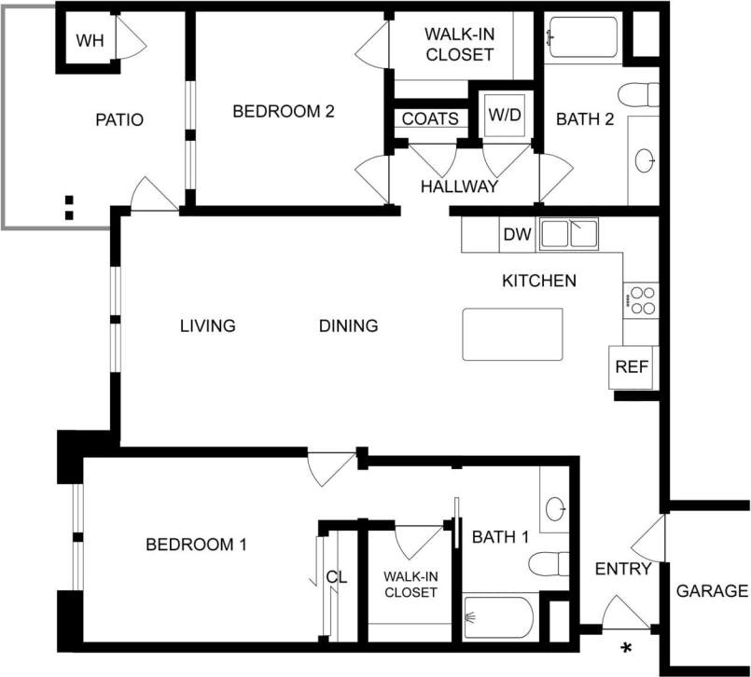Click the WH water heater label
90,40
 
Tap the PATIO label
119,119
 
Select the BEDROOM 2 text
283,111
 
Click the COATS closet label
430,119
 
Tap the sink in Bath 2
645,160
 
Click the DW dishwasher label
517,235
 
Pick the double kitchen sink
569,233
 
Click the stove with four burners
642,299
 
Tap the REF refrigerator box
631,366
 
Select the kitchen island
512,334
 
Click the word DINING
348,325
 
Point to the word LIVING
207,325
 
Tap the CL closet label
337,577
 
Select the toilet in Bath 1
549,564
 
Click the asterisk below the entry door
627,648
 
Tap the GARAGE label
712,590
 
